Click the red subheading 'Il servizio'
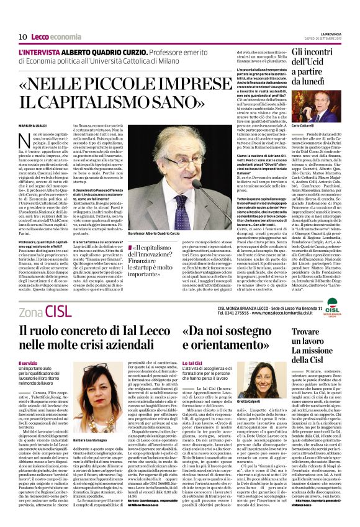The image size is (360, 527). [x=29, y=363]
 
